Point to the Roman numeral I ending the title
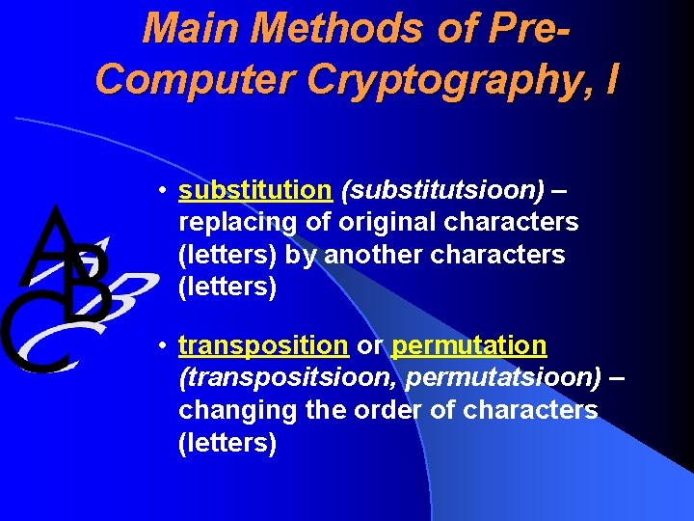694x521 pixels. pyautogui.click(x=610, y=77)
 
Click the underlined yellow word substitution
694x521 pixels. pyautogui.click(x=254, y=190)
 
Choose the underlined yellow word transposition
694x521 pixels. pyautogui.click(x=263, y=345)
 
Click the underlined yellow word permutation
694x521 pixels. pyautogui.click(x=469, y=345)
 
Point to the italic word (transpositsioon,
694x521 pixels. pyautogui.click(x=288, y=377)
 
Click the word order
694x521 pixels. pyautogui.click(x=377, y=409)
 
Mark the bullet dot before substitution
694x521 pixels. pyautogui.click(x=166, y=190)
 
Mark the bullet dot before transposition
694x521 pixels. pyautogui.click(x=166, y=345)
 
